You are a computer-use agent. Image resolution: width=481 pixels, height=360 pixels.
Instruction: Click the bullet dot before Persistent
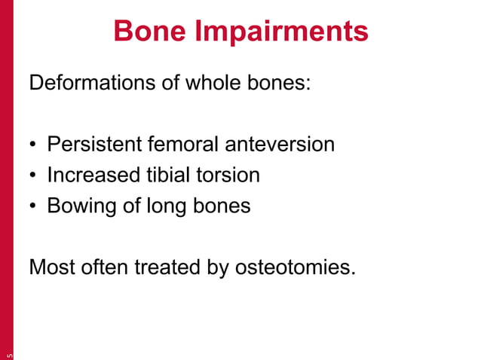click(34, 145)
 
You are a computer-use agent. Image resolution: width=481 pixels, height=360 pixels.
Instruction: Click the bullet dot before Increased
click(34, 176)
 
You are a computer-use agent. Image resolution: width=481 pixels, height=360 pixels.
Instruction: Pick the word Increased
click(93, 175)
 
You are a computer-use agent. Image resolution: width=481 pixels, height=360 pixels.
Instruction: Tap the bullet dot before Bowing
click(34, 207)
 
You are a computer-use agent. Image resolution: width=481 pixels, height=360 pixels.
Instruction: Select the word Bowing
click(81, 207)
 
